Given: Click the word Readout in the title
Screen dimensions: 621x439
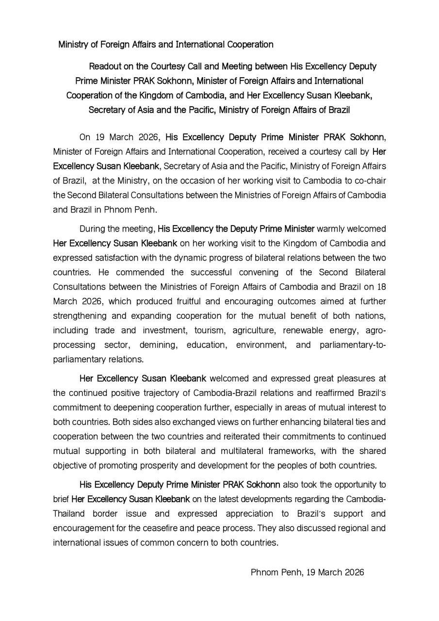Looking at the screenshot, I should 105,66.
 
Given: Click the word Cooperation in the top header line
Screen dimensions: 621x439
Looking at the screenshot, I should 249,45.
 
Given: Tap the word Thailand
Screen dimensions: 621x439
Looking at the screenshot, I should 69,513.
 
